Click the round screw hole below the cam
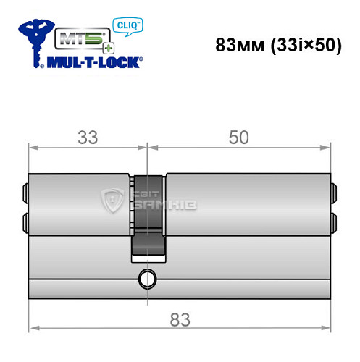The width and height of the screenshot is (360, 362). click(148, 277)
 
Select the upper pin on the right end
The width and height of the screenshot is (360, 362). click(334, 193)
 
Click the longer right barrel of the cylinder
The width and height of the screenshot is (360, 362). click(246, 206)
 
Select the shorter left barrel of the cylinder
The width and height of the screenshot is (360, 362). click(80, 206)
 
